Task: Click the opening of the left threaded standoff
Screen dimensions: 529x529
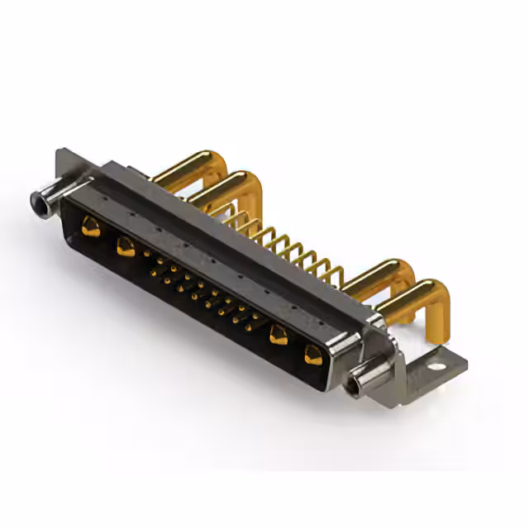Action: [x=37, y=200]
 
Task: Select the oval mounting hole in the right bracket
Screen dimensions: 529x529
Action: [x=436, y=362]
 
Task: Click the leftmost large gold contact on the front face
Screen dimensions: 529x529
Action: [x=91, y=227]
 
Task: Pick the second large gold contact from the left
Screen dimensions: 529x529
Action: [x=126, y=245]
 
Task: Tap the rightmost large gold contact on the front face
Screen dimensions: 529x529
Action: [x=313, y=355]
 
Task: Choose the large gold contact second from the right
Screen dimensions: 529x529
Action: [x=279, y=334]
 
